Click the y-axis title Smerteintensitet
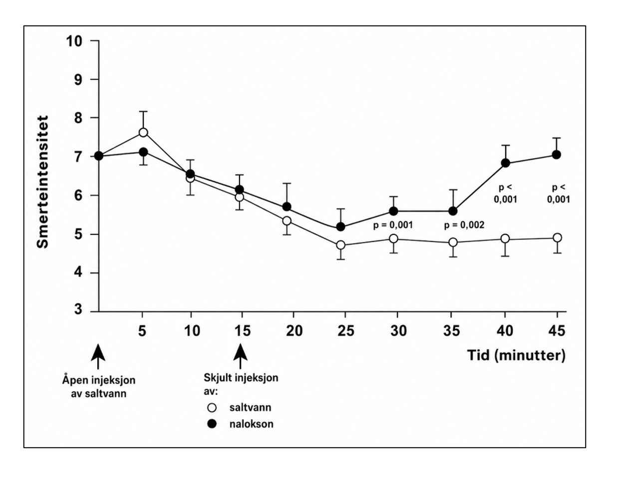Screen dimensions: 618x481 click(43, 182)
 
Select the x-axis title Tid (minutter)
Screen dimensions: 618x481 click(516, 356)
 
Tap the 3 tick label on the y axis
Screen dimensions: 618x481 click(78, 309)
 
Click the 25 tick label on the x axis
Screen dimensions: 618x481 click(346, 331)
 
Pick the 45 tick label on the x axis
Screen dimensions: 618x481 click(557, 331)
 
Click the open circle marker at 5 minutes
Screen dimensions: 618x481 click(143, 132)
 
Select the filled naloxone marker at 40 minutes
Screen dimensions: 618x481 click(505, 163)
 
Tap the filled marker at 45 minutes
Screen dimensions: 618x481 click(556, 155)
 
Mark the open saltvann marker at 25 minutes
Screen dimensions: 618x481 click(341, 245)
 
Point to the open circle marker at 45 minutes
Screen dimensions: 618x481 click(558, 238)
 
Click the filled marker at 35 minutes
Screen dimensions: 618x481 click(453, 211)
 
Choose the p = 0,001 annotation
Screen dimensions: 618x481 click(393, 225)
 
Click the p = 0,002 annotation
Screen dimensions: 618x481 click(464, 225)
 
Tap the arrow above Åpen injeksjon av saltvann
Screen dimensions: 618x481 click(98, 356)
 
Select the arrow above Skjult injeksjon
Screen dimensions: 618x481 click(241, 356)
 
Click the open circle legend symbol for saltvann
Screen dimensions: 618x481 click(212, 408)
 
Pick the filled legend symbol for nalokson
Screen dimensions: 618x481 click(212, 424)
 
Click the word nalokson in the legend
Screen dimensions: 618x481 click(252, 424)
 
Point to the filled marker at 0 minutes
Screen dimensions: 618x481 click(99, 156)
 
